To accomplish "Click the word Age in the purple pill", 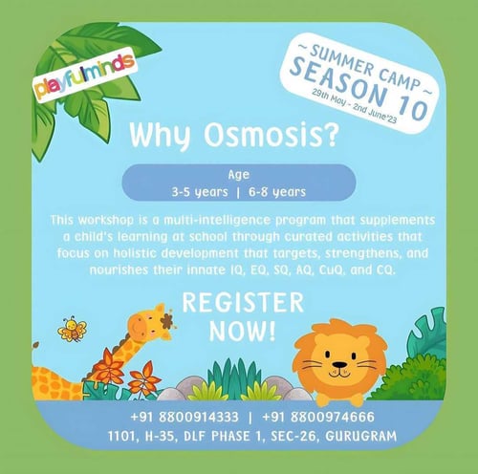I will (x=238, y=175).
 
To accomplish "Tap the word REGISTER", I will (x=242, y=304).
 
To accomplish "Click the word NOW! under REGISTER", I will (x=242, y=333).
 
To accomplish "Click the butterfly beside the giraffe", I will (x=72, y=330).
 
